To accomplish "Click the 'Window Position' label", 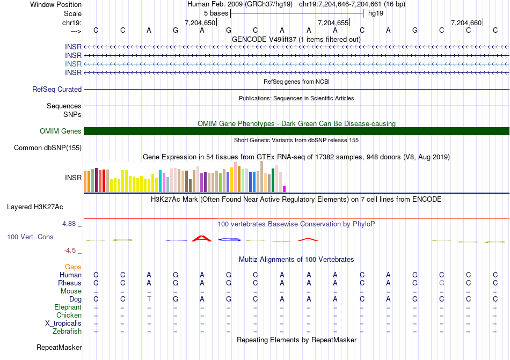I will pos(56,4).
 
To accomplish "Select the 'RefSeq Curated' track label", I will pos(57,90).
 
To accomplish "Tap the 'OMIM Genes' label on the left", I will pos(61,131).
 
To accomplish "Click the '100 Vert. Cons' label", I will pos(30,237).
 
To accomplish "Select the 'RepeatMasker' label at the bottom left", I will pos(59,348).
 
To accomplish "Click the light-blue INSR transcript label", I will pos(74,64).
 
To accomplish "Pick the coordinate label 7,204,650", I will pos(200,23).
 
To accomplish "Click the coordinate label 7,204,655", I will pos(333,23).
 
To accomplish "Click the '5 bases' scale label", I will pos(216,13).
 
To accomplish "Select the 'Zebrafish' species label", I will pos(67,332).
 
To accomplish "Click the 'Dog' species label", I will pos(75,299).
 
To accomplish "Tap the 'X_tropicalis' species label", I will pos(63,324).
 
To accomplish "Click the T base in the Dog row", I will pos(149,299).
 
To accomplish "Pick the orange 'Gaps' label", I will pos(73,267).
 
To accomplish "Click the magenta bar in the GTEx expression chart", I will pos(285,189).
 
